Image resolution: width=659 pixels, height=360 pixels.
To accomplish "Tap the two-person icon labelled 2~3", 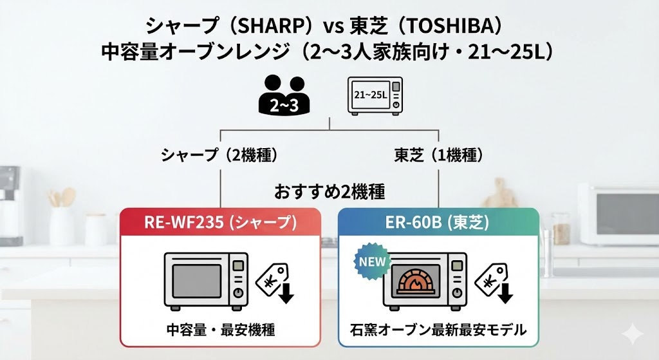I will (x=283, y=95).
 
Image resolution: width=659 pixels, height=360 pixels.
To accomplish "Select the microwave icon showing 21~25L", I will (x=375, y=95).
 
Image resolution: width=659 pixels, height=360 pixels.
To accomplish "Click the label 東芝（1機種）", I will (x=438, y=155).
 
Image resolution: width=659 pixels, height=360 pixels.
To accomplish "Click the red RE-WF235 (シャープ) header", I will (x=220, y=222).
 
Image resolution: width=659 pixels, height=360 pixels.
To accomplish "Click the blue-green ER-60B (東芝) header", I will (x=439, y=222).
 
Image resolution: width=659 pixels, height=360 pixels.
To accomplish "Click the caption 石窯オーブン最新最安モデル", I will (x=438, y=330).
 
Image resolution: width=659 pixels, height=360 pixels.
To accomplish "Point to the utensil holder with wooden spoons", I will (x=62, y=219).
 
